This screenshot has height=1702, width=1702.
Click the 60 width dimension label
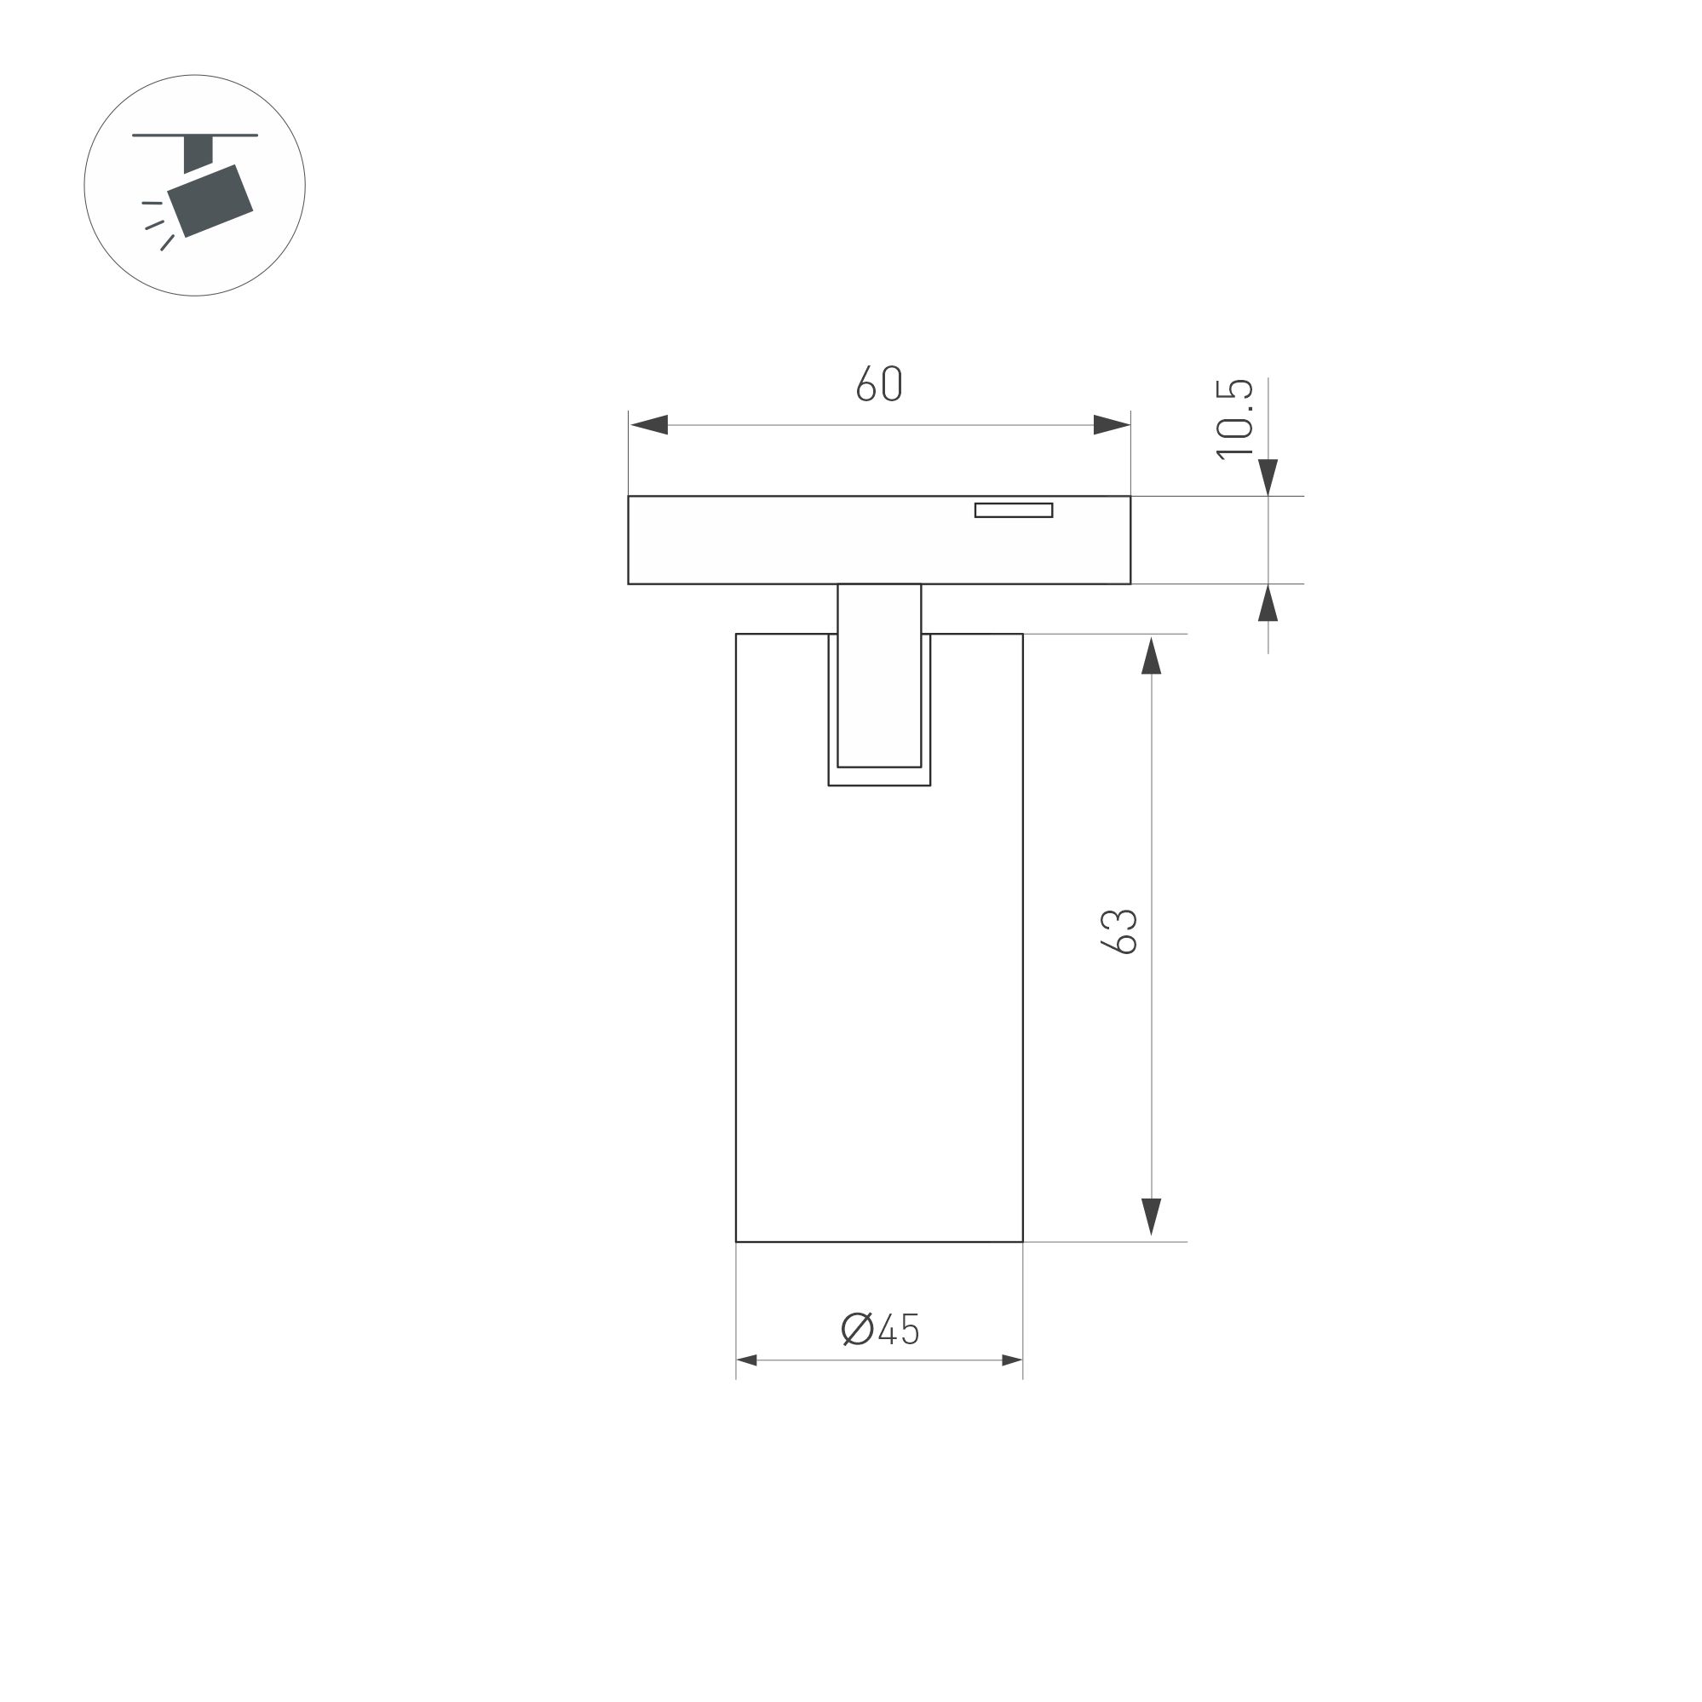(x=879, y=383)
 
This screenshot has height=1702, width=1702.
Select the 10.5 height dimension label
(x=1234, y=418)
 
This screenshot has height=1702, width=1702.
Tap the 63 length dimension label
(x=1118, y=931)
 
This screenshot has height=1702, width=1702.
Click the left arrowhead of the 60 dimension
(x=648, y=424)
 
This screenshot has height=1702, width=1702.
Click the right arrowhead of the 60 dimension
(x=1112, y=424)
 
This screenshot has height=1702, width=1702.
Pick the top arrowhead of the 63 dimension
(x=1152, y=655)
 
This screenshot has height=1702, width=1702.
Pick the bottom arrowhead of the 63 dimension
(x=1152, y=1216)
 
